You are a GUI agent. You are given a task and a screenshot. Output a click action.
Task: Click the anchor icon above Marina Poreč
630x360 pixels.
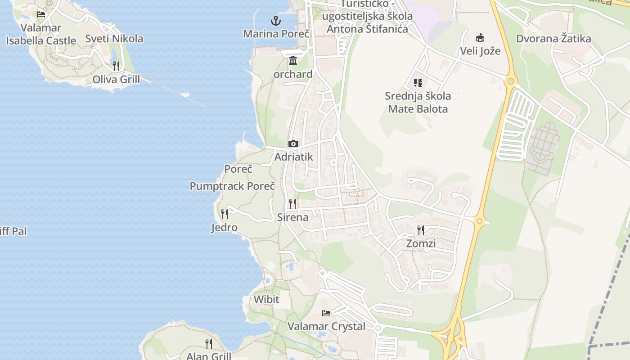pos(275,20)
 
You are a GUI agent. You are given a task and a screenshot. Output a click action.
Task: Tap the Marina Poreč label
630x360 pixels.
pos(276,34)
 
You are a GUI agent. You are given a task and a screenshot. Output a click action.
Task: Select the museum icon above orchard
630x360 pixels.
pos(293,60)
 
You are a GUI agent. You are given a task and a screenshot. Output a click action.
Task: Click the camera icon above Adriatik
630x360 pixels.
pos(293,144)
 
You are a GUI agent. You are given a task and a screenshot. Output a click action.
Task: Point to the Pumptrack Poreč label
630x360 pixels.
pos(232,186)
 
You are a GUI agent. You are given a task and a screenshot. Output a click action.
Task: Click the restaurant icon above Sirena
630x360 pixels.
pos(292,203)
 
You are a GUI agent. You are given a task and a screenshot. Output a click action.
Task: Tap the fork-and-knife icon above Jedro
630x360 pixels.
pos(225,214)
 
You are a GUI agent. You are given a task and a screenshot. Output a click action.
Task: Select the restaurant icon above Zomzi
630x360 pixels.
pos(421,230)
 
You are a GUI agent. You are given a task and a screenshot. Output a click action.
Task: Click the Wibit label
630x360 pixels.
pos(266,299)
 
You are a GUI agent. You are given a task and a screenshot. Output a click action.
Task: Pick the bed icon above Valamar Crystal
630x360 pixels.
pos(326,313)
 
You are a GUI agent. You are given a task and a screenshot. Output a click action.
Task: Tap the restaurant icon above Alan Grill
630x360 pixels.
pos(209,343)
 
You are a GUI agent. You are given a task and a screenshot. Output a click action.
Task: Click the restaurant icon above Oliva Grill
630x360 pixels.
pos(116,66)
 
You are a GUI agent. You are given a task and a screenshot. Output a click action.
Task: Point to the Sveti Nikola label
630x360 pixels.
pos(114,39)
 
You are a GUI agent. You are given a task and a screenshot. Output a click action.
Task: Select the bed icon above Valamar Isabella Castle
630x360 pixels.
pos(41,14)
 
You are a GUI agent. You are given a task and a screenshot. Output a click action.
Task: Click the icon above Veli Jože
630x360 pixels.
pos(480,37)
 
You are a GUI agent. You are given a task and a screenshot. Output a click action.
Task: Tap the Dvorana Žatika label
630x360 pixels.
pos(553,39)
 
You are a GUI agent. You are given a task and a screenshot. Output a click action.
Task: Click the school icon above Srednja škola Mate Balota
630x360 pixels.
pos(418,82)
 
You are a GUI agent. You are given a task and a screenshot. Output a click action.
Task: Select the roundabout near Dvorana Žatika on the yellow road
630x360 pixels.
pos(510,81)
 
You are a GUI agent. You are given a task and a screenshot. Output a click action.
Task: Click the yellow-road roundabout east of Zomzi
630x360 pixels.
pos(479,221)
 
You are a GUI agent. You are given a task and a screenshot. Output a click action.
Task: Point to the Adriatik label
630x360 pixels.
pos(293,157)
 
